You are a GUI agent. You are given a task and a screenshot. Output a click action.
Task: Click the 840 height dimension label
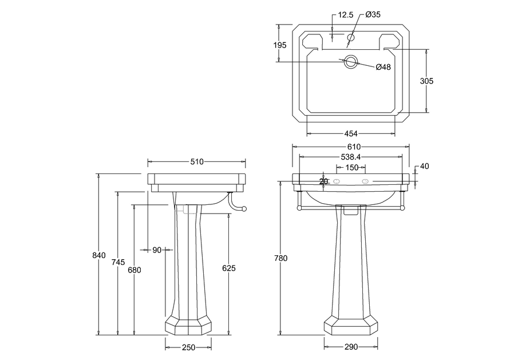pyautogui.click(x=100, y=255)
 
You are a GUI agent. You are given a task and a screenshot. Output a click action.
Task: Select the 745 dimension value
pyautogui.click(x=118, y=262)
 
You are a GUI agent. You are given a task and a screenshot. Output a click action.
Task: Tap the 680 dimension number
pyautogui.click(x=135, y=270)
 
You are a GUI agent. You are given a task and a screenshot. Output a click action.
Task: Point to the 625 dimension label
pyautogui.click(x=229, y=268)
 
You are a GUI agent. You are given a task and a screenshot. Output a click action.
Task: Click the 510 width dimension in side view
pyautogui.click(x=196, y=162)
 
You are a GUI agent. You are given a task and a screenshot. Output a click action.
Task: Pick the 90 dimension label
pyautogui.click(x=157, y=250)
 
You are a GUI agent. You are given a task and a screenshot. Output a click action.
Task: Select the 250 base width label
pyautogui.click(x=188, y=347)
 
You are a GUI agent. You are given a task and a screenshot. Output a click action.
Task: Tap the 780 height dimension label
pyautogui.click(x=281, y=258)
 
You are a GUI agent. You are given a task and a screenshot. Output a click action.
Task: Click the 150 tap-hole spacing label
pyautogui.click(x=351, y=168)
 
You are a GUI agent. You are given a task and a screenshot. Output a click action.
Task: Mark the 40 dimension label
pyautogui.click(x=424, y=167)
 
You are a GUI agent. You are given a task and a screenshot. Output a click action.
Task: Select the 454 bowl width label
pyautogui.click(x=351, y=134)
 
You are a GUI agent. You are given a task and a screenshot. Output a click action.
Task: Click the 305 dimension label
pyautogui.click(x=426, y=81)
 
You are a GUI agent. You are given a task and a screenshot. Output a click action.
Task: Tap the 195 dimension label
pyautogui.click(x=280, y=45)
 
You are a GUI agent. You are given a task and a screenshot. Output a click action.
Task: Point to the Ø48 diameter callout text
pyautogui.click(x=383, y=67)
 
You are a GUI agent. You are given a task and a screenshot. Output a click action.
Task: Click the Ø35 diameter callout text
pyautogui.click(x=373, y=15)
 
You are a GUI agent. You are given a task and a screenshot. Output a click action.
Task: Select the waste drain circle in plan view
pyautogui.click(x=350, y=62)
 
